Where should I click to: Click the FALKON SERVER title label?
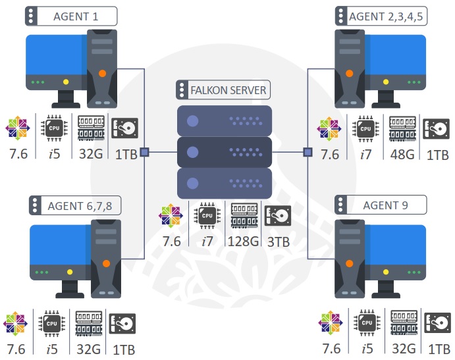tap(224, 90)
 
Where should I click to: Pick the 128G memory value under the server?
tap(242, 242)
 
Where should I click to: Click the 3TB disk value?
tap(278, 242)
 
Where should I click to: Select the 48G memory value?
tap(401, 155)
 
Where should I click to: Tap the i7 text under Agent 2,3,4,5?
tap(366, 155)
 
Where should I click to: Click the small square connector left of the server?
tap(144, 152)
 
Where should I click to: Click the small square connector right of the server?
tap(308, 152)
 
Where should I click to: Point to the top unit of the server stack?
tap(225, 120)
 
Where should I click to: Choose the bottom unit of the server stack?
tap(225, 184)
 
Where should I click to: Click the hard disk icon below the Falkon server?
tap(278, 215)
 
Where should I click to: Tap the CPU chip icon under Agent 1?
tap(54, 128)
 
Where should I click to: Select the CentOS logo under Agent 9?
tap(330, 322)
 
